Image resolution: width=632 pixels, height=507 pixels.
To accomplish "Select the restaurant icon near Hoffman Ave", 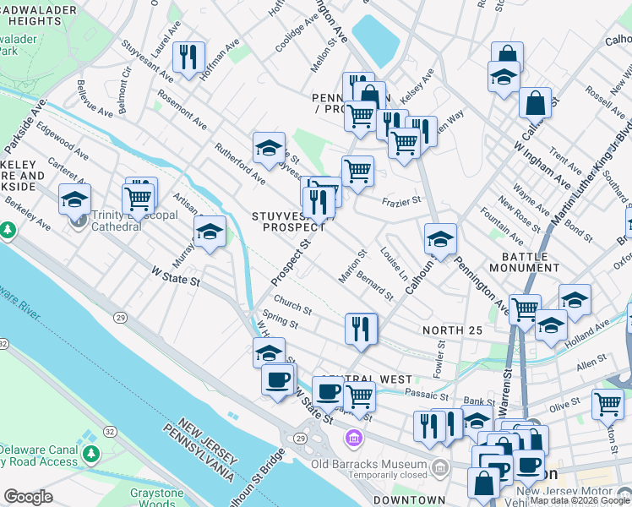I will tap(188, 57).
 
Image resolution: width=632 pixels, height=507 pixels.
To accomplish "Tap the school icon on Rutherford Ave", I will tap(269, 149).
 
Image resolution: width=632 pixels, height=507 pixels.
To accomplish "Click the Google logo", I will tap(28, 497).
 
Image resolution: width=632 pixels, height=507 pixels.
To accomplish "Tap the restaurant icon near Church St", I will tap(362, 328).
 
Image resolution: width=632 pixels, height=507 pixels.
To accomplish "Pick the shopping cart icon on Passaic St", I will tap(360, 395).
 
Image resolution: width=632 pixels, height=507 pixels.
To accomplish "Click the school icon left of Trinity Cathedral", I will tap(75, 199).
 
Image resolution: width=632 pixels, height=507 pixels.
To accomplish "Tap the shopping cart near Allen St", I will tap(607, 404).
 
